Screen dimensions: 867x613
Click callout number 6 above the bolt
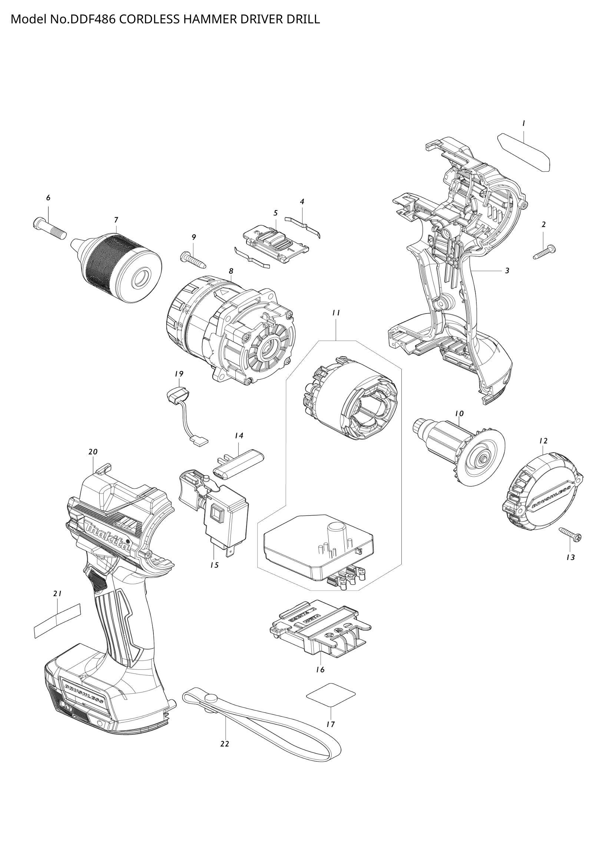tap(48, 198)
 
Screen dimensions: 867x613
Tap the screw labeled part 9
tap(193, 260)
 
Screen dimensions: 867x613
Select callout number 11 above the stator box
tap(336, 313)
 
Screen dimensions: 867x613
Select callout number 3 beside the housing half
tap(507, 271)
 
